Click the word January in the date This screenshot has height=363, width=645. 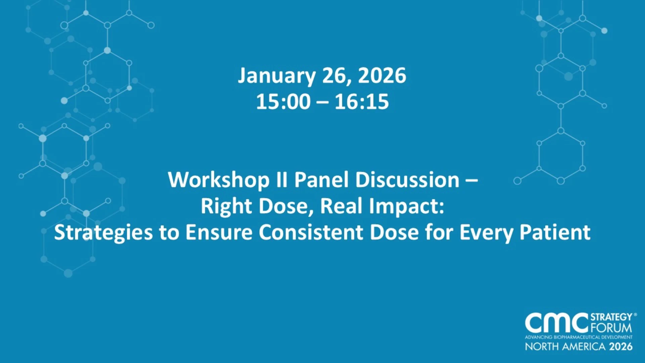(x=277, y=76)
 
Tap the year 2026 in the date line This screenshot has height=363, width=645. (x=382, y=75)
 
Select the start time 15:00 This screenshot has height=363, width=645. (x=284, y=102)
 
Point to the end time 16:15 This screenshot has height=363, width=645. (x=362, y=102)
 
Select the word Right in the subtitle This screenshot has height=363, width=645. (x=226, y=206)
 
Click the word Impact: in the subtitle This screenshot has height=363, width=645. (x=406, y=206)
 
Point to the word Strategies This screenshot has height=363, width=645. (x=103, y=233)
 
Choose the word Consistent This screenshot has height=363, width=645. (x=311, y=232)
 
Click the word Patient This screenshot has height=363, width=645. (x=555, y=232)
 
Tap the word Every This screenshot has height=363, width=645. (x=486, y=233)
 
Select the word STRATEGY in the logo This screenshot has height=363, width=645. (x=611, y=317)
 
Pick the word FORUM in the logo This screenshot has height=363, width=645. (x=611, y=328)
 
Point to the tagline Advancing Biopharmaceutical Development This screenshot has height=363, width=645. (x=579, y=337)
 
